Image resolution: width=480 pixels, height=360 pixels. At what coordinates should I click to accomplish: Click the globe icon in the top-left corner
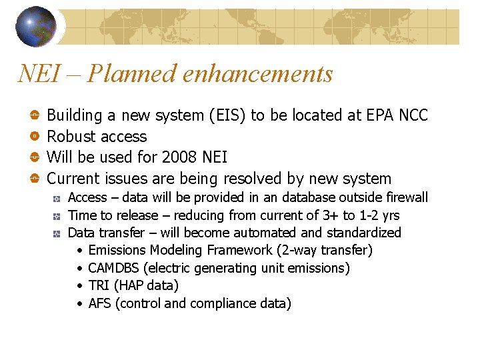click(x=36, y=26)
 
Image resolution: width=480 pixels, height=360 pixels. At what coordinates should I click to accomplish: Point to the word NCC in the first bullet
click(x=413, y=115)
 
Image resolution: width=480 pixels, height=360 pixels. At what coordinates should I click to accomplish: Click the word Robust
click(x=71, y=137)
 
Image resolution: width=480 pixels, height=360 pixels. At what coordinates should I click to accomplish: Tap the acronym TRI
click(x=98, y=285)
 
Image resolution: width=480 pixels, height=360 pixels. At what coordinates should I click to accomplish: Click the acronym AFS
click(x=99, y=303)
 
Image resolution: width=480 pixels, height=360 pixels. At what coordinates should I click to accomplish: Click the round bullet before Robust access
click(x=33, y=137)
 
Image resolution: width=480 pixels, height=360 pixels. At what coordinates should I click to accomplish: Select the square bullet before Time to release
click(x=58, y=215)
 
